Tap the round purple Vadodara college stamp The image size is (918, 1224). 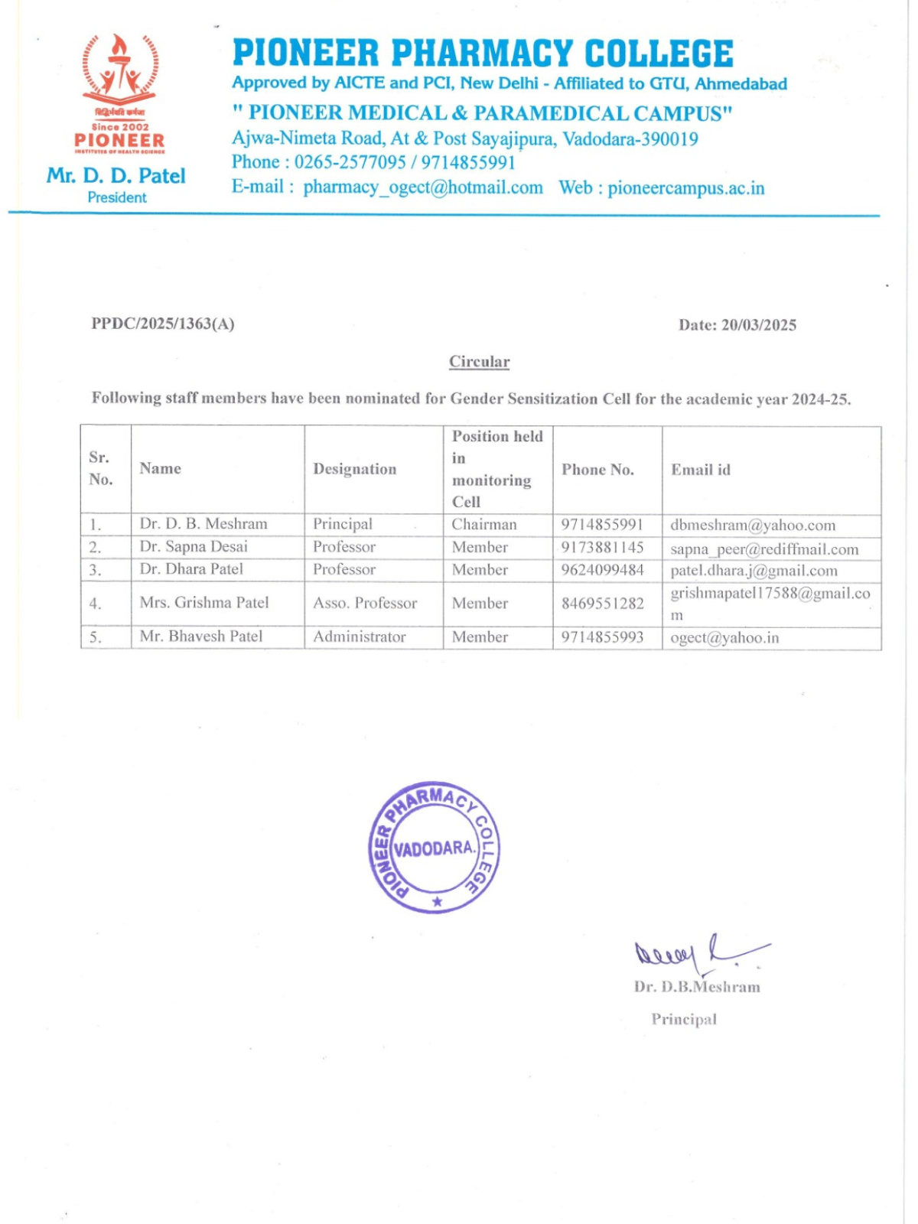coord(434,848)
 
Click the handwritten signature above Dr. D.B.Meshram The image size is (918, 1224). coord(698,953)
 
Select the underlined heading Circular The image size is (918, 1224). coord(479,362)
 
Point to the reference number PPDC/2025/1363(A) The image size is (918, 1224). coord(163,324)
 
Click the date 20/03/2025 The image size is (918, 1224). coord(759,325)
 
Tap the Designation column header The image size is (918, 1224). coord(355,469)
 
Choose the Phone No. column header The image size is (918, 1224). coord(597,470)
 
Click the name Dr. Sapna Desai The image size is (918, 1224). coord(194,547)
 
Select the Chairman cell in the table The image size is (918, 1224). coord(484,525)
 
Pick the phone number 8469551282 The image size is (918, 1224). coord(603,604)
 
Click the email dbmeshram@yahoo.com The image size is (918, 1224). coord(753,526)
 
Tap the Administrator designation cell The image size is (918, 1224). coord(360,636)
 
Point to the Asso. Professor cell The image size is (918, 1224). coord(365,604)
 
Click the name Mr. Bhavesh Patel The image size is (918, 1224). coord(201,636)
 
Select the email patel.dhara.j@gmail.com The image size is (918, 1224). coord(754,571)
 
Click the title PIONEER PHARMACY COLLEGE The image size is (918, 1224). coord(483,54)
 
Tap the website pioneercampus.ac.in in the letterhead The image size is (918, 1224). coord(686,188)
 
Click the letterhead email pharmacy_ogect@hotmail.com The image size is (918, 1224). coord(423,188)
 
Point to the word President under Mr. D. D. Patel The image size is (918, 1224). coord(117,197)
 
